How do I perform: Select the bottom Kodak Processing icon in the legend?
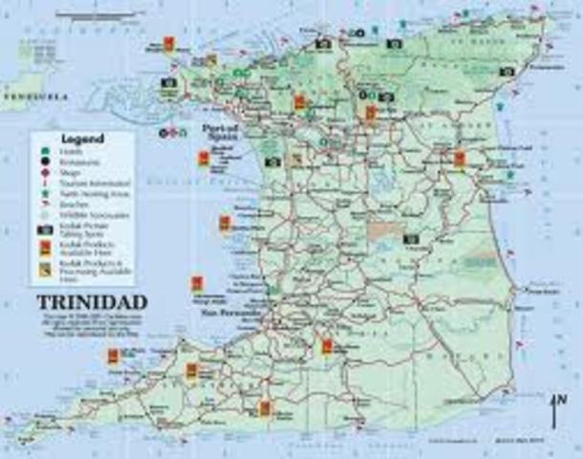(x=45, y=270)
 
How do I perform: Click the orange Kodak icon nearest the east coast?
(x=460, y=159)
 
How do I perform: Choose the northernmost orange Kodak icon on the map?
(x=166, y=44)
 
